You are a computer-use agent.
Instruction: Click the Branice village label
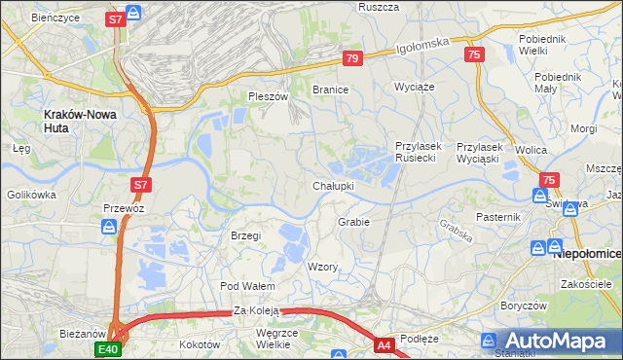(x=330, y=89)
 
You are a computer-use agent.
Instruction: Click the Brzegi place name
(x=246, y=235)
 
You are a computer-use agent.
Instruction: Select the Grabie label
(x=353, y=222)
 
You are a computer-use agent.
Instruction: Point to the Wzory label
(x=322, y=267)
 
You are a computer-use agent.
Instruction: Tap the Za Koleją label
(x=256, y=311)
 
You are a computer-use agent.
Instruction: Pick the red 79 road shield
(x=352, y=59)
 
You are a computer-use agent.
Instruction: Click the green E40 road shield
(x=108, y=348)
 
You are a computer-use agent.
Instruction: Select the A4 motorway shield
(x=385, y=343)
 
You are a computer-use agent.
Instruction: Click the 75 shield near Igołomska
(x=474, y=55)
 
